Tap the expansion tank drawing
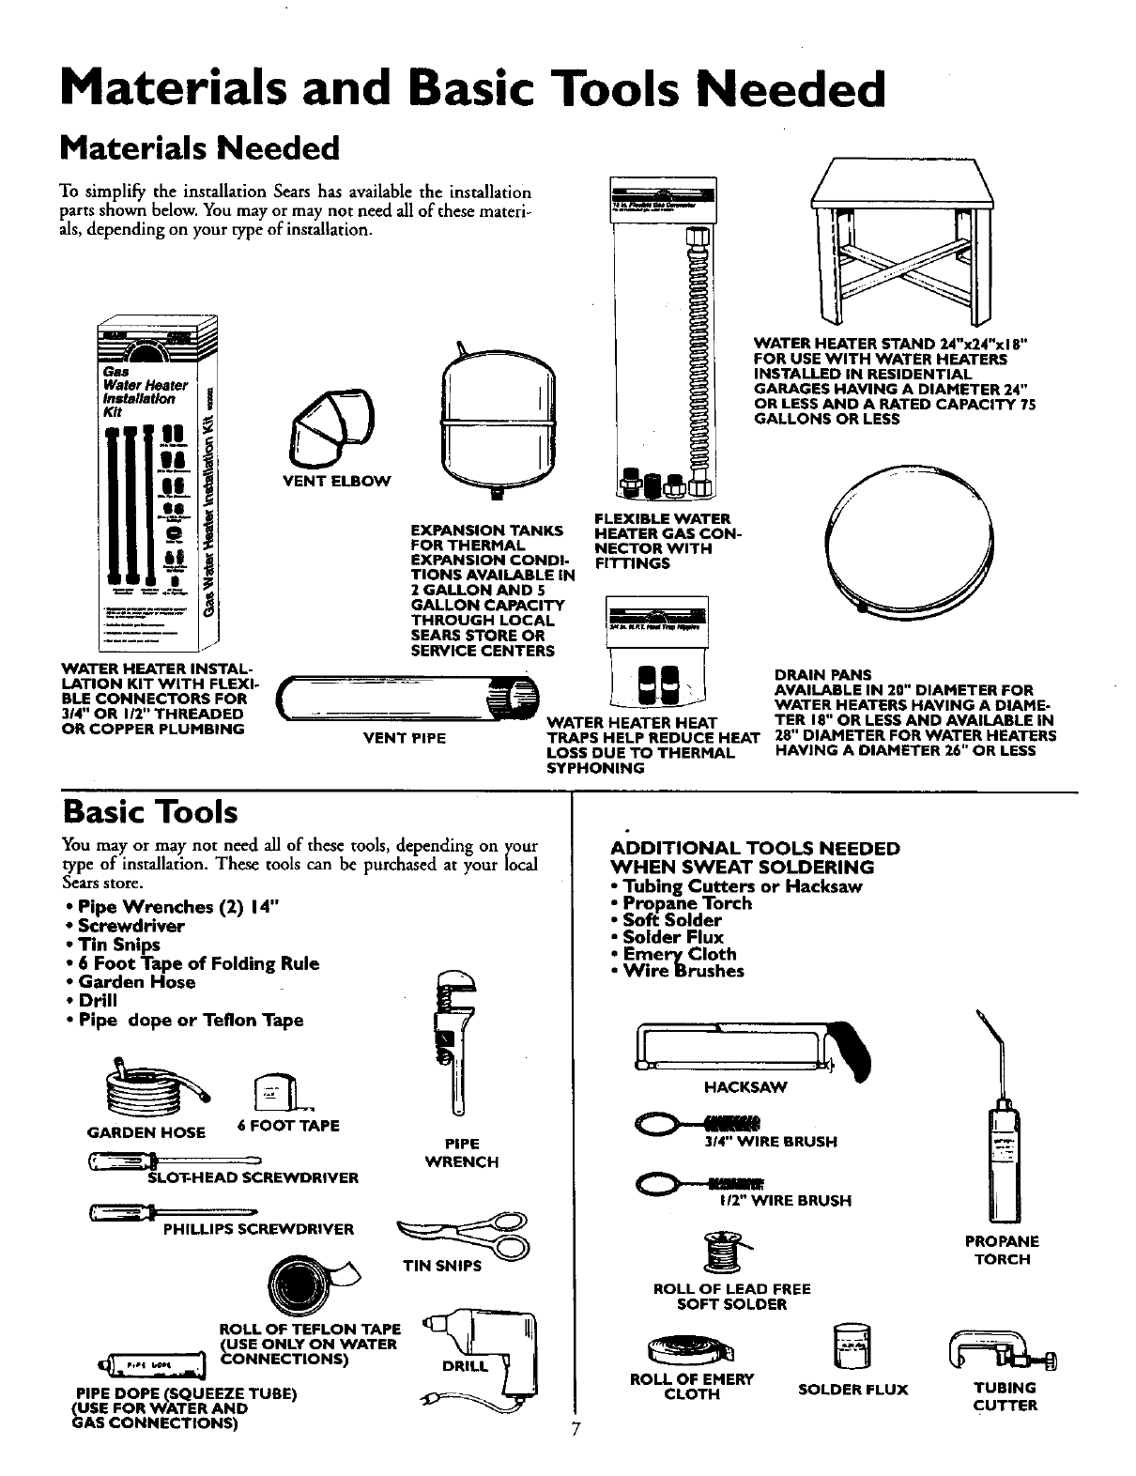(492, 413)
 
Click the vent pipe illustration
(410, 700)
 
